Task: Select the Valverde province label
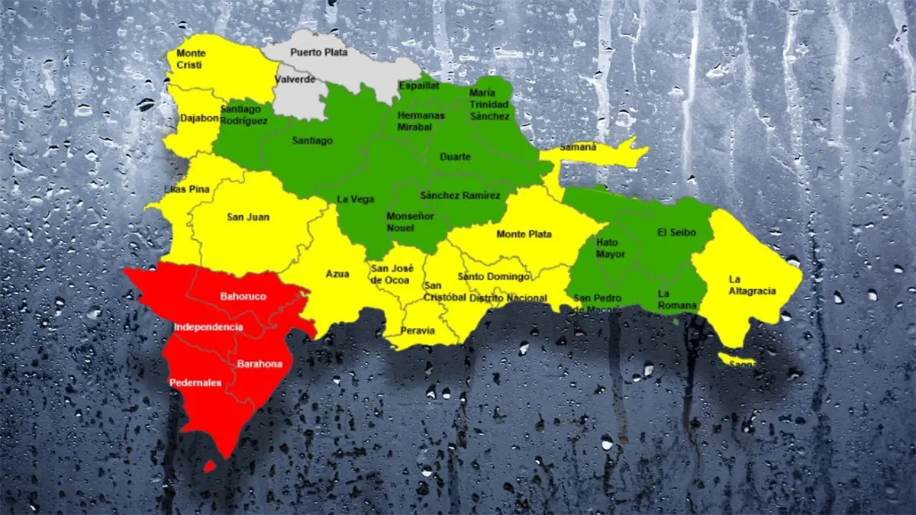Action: (295, 79)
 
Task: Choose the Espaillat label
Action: (419, 86)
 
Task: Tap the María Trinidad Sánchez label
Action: (489, 105)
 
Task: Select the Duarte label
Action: (456, 157)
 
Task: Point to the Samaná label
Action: (578, 147)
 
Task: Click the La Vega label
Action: (356, 199)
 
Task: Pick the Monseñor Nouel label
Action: (410, 221)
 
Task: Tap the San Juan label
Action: (248, 217)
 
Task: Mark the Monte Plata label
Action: (524, 234)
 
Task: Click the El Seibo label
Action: (676, 233)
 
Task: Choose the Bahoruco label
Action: (243, 296)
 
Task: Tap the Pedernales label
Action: (196, 383)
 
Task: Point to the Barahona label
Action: (260, 364)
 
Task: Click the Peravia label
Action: (419, 330)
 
